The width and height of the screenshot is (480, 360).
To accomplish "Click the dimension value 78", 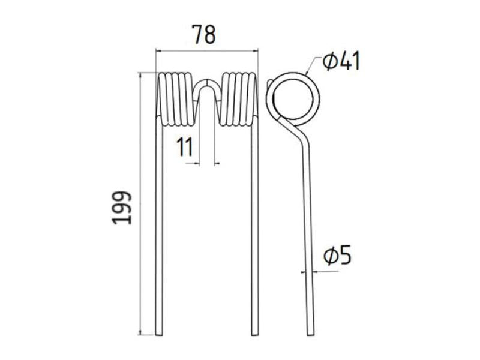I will (203, 35).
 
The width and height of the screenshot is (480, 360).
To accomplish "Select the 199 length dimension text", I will (122, 208).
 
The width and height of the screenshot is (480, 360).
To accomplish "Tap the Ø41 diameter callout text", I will (341, 61).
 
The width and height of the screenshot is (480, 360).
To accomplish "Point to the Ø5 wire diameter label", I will (336, 256).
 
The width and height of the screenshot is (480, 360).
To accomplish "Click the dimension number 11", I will (185, 146).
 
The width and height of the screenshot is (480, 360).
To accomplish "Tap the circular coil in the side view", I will (293, 100).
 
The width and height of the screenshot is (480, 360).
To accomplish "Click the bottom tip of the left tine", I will (158, 333).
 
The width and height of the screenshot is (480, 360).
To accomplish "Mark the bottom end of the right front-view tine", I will (255, 333).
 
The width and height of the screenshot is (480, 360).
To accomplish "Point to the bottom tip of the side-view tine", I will (310, 333).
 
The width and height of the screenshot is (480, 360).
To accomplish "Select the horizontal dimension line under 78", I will (207, 51).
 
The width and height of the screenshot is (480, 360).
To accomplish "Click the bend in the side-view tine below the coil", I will (298, 130).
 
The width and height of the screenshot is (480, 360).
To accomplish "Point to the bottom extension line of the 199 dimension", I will (147, 335).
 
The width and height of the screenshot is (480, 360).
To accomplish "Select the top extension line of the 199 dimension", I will (147, 73).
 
